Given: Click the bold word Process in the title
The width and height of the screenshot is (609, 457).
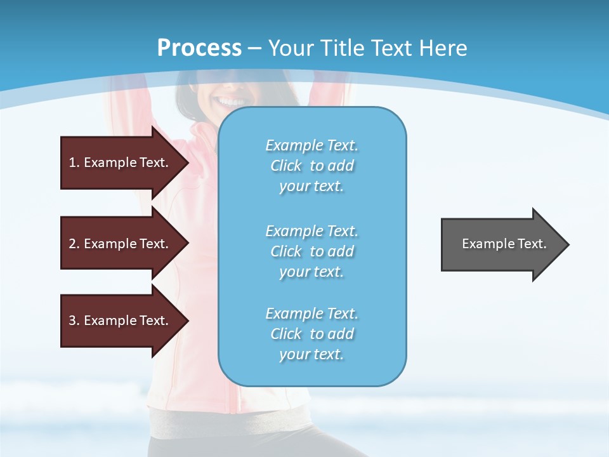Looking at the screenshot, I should tap(199, 48).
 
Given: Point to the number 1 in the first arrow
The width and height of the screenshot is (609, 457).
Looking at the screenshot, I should tap(72, 162).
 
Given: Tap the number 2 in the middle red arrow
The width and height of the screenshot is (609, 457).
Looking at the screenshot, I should tap(72, 244).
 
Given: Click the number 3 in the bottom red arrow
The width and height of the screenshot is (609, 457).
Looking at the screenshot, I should tap(72, 321).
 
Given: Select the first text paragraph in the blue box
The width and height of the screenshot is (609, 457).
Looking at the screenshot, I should tap(311, 166).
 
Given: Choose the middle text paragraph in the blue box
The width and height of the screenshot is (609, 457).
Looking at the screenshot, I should tap(311, 251).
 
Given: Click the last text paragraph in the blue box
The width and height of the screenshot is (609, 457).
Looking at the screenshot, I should tap(311, 334).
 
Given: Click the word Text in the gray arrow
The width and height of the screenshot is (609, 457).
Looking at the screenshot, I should tap(532, 244).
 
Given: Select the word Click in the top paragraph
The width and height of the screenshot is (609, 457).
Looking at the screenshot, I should tap(286, 166).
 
